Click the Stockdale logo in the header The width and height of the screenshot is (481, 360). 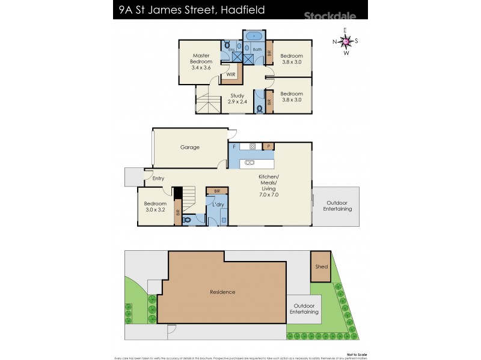click(x=331, y=17)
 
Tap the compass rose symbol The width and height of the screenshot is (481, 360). click(x=346, y=41)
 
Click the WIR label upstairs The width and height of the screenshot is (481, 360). click(x=231, y=74)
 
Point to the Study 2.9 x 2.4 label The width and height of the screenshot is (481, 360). click(x=237, y=98)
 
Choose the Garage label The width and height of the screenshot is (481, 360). click(x=190, y=147)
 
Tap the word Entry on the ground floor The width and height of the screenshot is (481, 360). click(x=158, y=178)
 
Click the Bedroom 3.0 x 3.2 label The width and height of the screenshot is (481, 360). click(x=155, y=206)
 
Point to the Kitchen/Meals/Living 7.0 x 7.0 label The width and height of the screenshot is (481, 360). click(x=268, y=185)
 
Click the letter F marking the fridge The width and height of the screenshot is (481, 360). click(x=234, y=146)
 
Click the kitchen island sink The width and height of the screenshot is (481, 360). click(x=249, y=163)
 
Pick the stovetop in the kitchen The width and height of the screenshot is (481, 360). click(x=253, y=146)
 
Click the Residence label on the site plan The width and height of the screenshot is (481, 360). click(x=222, y=292)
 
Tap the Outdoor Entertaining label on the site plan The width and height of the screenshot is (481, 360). click(x=305, y=309)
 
